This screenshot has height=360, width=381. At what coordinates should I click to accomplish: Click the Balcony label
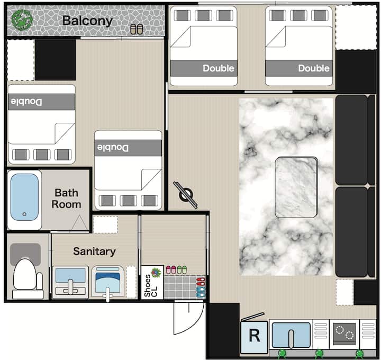point(87,21)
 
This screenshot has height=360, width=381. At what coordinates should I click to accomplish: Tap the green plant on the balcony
point(22,20)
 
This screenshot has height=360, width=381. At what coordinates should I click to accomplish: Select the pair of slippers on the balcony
point(137,29)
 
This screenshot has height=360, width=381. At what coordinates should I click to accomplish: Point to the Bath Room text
point(66,199)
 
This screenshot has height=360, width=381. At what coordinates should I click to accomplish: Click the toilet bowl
point(25,274)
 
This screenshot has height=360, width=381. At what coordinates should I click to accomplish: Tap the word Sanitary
point(94,251)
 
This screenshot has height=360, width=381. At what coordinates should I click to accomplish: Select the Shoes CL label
point(151,286)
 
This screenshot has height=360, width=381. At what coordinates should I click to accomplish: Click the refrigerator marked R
point(254,336)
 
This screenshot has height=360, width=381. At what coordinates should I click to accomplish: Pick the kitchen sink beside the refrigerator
point(291,335)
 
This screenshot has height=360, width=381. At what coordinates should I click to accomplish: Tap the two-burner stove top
point(344,334)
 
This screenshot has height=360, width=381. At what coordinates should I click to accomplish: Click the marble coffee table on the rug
point(296,187)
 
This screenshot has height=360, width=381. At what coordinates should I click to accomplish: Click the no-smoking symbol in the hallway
point(186,195)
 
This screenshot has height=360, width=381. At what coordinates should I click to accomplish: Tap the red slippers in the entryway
point(201,282)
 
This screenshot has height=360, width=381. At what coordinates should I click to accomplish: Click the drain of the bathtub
point(24,214)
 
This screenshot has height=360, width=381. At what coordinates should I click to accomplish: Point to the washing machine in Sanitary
point(107,283)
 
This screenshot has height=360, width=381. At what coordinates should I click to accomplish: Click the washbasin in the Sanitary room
point(70,282)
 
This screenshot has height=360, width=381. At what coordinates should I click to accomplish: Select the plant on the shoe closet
point(156,273)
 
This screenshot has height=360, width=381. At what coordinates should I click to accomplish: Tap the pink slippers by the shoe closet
point(171,270)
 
